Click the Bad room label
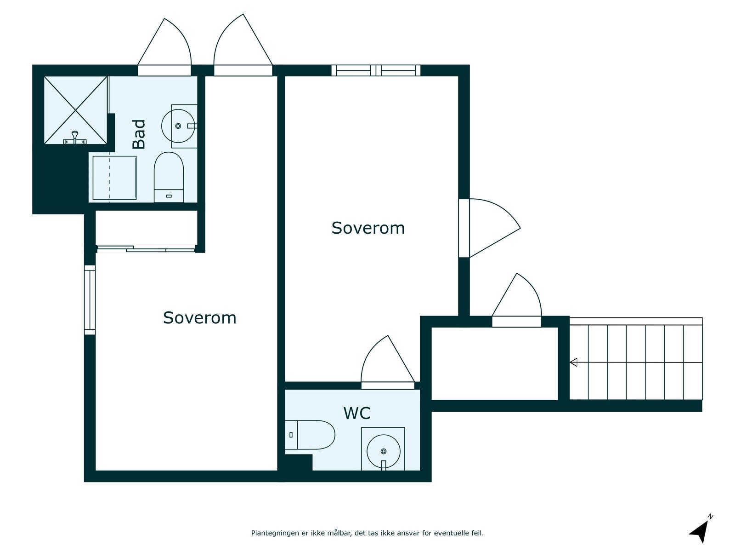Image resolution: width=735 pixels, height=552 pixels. click(139, 134)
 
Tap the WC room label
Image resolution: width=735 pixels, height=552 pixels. click(357, 413)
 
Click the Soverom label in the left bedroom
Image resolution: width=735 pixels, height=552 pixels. click(199, 318)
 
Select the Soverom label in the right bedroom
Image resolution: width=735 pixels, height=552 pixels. click(368, 228)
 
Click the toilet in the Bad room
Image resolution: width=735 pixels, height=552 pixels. click(169, 177)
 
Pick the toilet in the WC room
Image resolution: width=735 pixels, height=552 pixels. click(310, 435)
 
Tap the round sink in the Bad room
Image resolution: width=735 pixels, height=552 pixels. click(178, 126)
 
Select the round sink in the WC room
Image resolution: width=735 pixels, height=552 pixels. click(384, 451)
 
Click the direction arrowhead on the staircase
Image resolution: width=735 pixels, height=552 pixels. click(573, 362)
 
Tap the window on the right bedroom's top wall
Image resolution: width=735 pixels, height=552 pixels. click(376, 70)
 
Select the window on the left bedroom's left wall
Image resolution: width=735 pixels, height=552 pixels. click(90, 300)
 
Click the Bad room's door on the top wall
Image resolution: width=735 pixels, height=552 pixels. click(164, 47)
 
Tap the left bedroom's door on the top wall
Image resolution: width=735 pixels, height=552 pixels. click(243, 45)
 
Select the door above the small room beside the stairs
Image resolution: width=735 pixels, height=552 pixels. click(517, 300)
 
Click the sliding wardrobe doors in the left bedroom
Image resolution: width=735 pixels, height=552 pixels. click(146, 249)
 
